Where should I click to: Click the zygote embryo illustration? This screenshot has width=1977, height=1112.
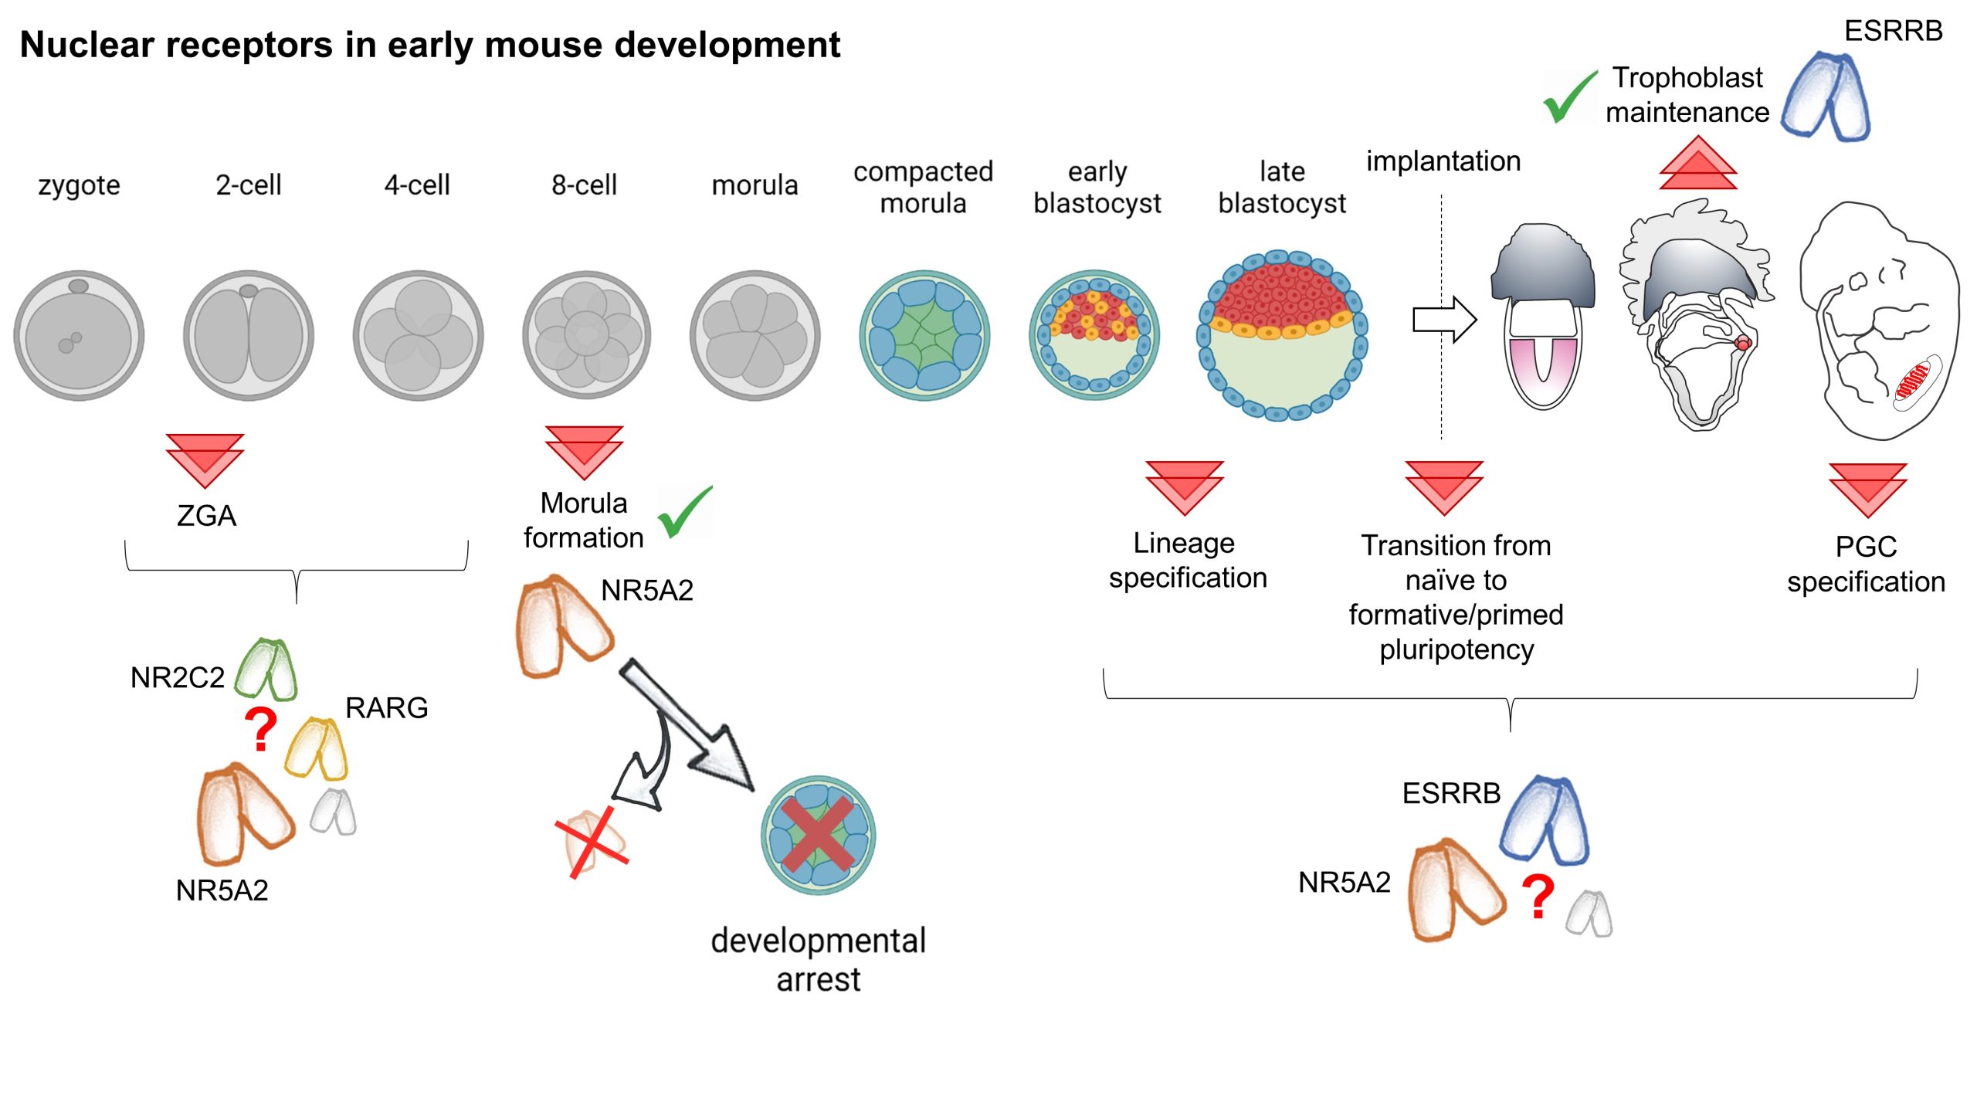point(79,335)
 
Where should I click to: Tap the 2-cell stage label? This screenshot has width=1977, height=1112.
point(248,185)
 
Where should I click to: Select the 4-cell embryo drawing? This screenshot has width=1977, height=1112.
point(418,335)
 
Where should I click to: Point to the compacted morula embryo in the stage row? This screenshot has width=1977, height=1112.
point(924,335)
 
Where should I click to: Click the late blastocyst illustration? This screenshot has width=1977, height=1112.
point(1282,335)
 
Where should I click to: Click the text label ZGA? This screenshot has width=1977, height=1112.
point(206,516)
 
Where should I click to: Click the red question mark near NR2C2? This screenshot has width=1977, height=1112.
point(261,730)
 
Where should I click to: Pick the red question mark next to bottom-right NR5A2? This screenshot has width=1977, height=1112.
point(1538,897)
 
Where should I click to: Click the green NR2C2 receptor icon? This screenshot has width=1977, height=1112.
point(266,669)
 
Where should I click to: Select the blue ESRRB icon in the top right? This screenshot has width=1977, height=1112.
point(1826,96)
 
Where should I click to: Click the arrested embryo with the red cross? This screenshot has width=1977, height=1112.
point(818,836)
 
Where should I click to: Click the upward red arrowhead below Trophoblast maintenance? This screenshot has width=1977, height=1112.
point(1697,164)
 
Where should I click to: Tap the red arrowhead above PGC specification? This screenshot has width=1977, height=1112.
point(1867,490)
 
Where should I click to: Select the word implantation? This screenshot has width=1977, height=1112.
point(1443,161)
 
